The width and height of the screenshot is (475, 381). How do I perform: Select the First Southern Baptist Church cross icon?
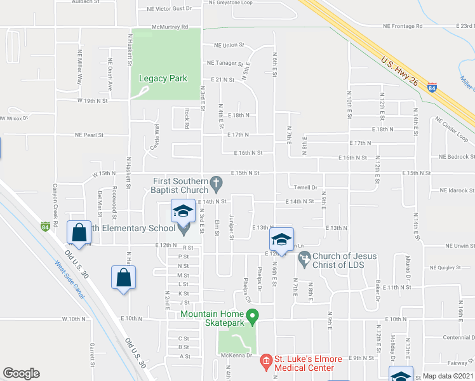coord(216,185)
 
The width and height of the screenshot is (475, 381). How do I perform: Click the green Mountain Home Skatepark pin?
coord(252,315)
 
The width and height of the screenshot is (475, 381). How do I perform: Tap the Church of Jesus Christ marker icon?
coord(304,259)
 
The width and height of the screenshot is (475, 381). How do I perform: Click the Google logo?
coord(21,373)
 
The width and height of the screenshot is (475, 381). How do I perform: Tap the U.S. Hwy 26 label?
coord(401,74)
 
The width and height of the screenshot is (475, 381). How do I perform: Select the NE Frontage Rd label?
coord(403,27)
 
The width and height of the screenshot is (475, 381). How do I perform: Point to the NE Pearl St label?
coord(89,135)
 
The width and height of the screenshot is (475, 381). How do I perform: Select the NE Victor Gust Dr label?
coord(169,9)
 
